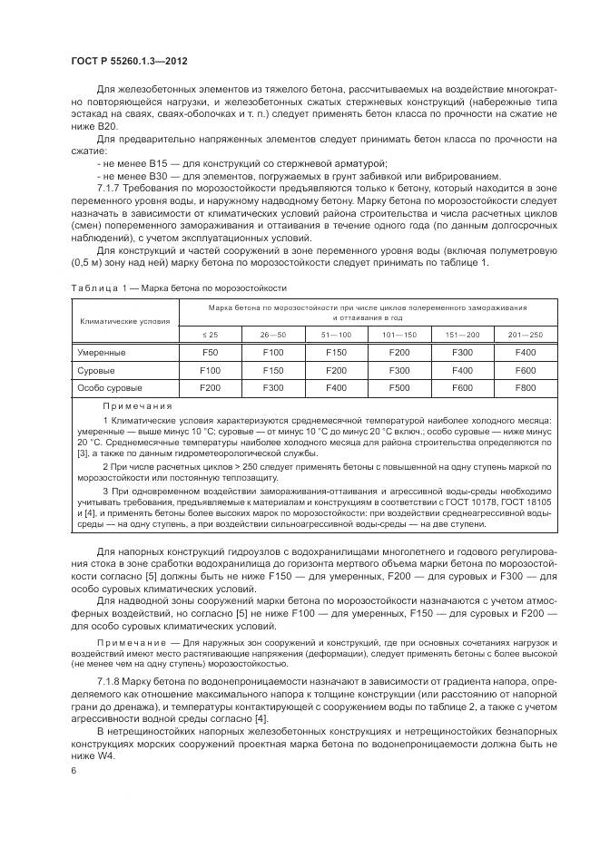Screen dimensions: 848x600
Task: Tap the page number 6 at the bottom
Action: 74,769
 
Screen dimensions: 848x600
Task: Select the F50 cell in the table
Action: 210,351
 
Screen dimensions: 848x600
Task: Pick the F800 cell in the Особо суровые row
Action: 525,387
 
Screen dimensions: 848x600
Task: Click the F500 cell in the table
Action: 398,387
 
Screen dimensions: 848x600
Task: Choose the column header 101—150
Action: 398,334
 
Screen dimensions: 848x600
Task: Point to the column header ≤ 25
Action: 210,334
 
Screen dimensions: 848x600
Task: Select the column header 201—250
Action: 525,334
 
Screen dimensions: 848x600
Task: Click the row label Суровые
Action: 94,370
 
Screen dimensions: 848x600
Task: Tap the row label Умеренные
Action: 101,351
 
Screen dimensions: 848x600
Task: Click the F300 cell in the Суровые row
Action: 398,370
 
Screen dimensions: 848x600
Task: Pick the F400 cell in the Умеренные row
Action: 525,351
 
